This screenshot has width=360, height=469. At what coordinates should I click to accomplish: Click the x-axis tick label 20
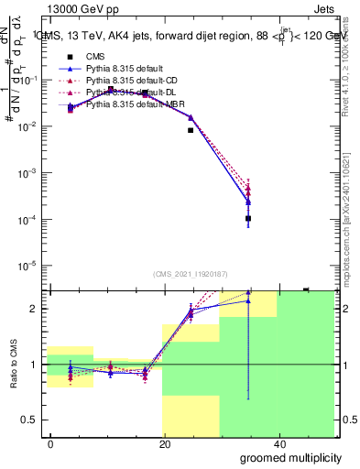(x=164, y=442)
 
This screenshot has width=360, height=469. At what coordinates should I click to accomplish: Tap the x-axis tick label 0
(x=51, y=442)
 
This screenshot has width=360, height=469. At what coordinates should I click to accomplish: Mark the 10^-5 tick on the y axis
(x=27, y=267)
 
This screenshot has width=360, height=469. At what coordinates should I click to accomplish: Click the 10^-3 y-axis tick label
(x=27, y=173)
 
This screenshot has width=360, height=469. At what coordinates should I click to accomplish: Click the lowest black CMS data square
(x=248, y=219)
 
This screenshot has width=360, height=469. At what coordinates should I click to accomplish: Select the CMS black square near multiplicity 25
(x=191, y=130)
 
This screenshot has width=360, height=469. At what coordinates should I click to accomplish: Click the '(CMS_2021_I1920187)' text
(x=191, y=274)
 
